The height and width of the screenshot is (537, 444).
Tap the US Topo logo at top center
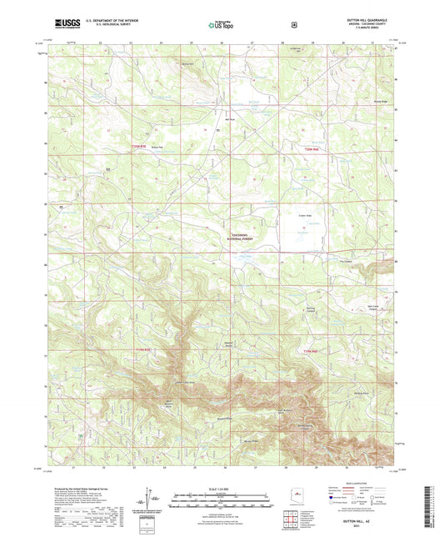(x=221, y=25)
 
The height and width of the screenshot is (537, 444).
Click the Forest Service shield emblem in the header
(x=293, y=24)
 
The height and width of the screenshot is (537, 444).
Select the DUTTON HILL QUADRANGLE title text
(x=367, y=20)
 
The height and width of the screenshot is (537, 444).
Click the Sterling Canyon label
(x=311, y=311)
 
